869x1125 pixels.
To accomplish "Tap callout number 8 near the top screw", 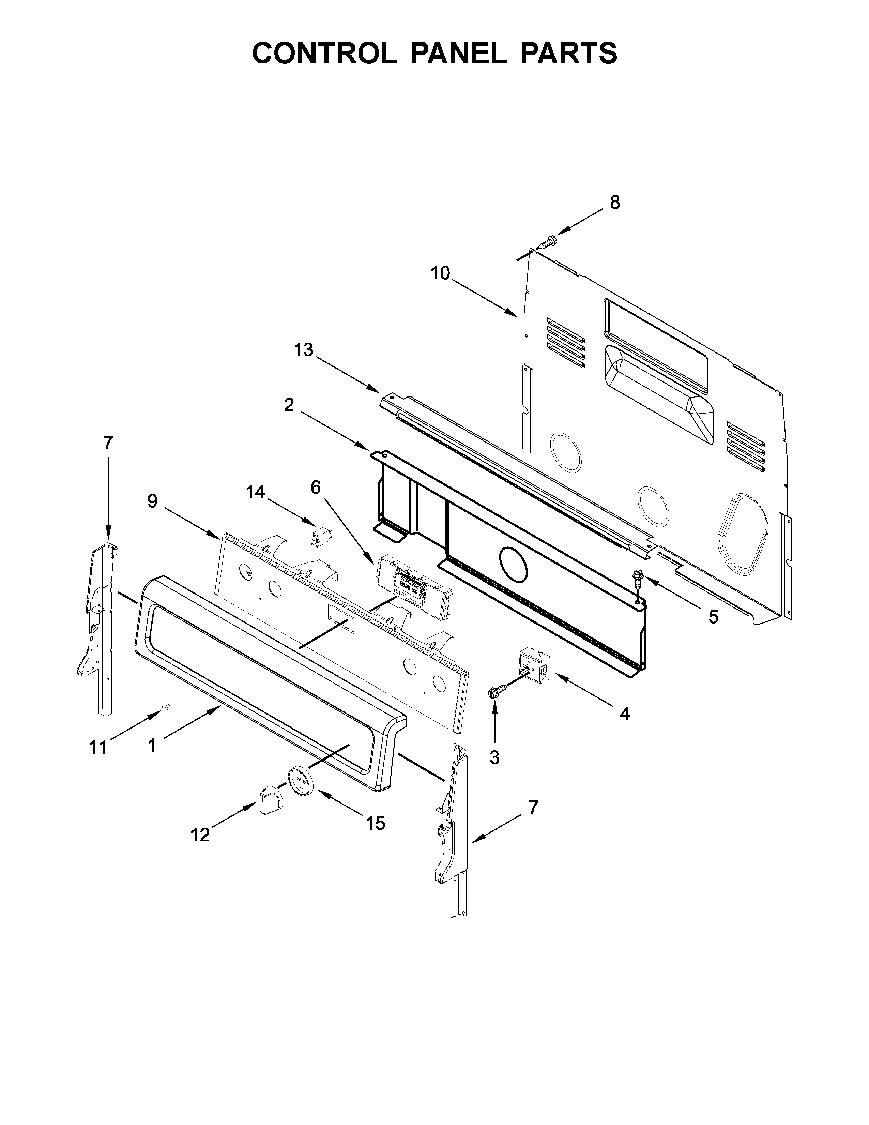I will click(x=615, y=203).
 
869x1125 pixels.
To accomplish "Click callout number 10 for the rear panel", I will click(x=440, y=273).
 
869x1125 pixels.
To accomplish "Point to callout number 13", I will click(x=303, y=350).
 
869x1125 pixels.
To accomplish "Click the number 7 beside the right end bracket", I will click(x=533, y=807).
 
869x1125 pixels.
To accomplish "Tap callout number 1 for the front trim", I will click(x=151, y=745).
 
